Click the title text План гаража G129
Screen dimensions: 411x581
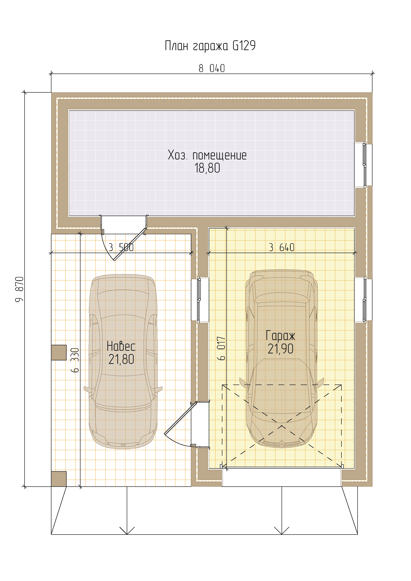pyautogui.click(x=210, y=46)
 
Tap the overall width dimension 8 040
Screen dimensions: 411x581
pyautogui.click(x=212, y=68)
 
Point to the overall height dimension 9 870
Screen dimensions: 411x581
pyautogui.click(x=19, y=289)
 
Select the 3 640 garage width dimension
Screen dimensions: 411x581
pyautogui.click(x=282, y=247)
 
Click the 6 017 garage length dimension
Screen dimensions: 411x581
pyautogui.click(x=221, y=348)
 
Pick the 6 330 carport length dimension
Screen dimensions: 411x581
pyautogui.click(x=75, y=360)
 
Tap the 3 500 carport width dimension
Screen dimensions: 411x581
pyautogui.click(x=121, y=247)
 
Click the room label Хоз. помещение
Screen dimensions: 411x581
pyautogui.click(x=207, y=155)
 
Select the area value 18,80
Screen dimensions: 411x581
pyautogui.click(x=207, y=168)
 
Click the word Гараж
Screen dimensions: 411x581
pyautogui.click(x=280, y=336)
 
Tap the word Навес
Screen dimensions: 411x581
pyautogui.click(x=121, y=346)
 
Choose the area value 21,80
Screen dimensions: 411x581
pyautogui.click(x=121, y=359)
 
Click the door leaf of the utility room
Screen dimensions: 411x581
pyautogui.click(x=130, y=244)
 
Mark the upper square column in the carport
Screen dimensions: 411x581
pyautogui.click(x=59, y=352)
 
